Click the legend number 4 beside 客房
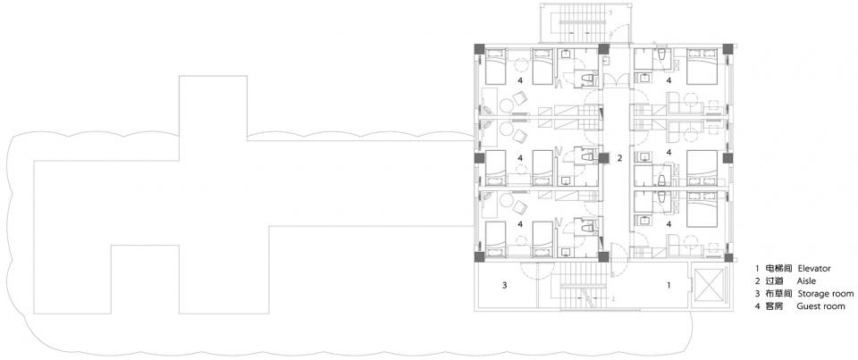757,306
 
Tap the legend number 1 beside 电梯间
757,269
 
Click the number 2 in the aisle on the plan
620,159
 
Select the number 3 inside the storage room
505,284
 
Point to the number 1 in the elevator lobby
668,284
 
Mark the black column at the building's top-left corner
478,48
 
